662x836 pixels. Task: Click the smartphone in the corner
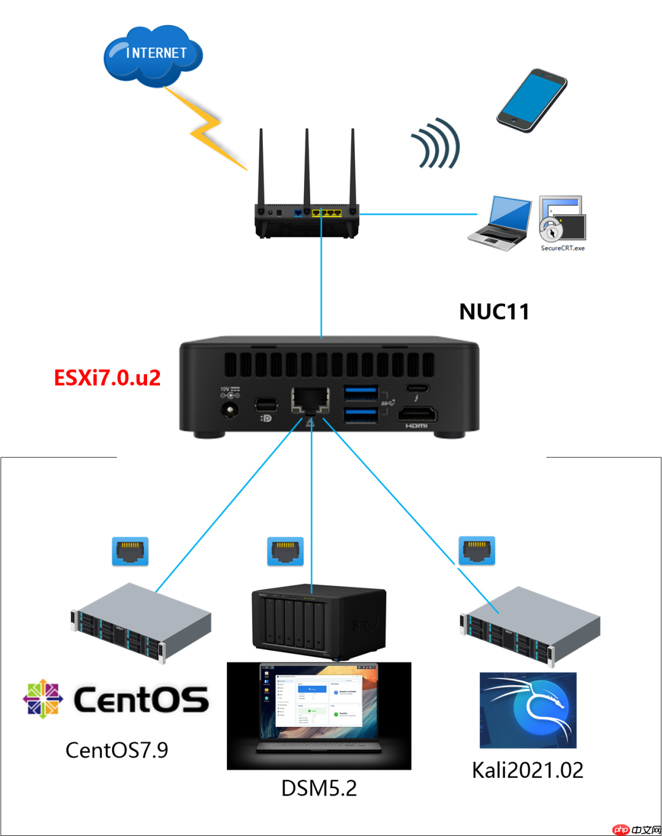pos(531,100)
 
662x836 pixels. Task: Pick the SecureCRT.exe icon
pos(562,220)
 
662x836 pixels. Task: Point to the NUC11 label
pos(494,312)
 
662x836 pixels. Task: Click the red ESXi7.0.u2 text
pos(107,377)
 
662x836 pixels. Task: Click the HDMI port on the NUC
pos(416,415)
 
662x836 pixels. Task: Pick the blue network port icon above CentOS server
pos(130,551)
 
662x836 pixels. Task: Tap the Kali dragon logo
pos(528,710)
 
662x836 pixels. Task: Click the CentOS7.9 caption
pos(116,750)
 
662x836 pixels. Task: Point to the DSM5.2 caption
pos(319,788)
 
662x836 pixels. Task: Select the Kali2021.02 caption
pos(527,770)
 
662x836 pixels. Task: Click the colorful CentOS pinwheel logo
pos(43,699)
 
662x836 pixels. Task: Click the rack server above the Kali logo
pos(530,626)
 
